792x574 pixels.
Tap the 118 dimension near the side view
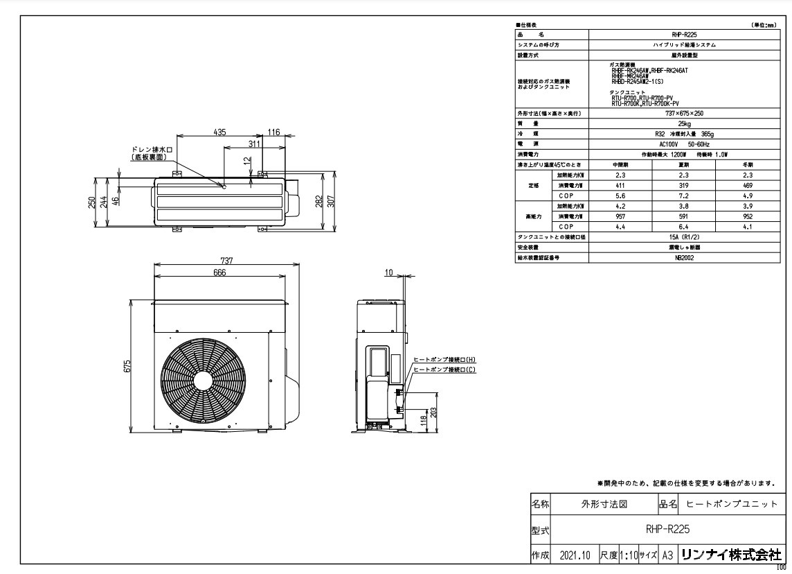(423, 419)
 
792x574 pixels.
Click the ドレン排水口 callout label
(150, 149)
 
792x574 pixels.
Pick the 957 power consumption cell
(621, 216)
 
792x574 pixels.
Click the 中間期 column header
(621, 165)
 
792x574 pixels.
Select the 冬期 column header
(746, 165)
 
